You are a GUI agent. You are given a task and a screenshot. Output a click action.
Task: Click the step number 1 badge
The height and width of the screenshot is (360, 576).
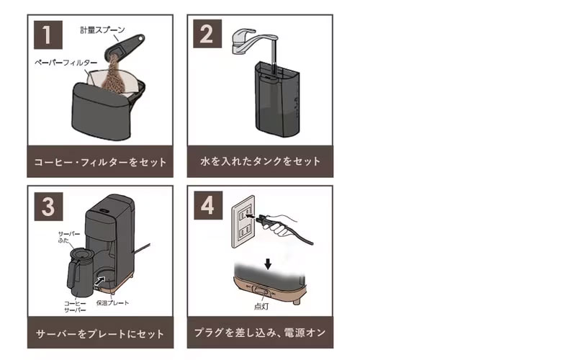[48, 35]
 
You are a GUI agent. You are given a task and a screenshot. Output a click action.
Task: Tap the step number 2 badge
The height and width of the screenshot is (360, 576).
[207, 34]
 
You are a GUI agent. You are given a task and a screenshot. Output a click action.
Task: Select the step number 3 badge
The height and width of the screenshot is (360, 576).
[48, 207]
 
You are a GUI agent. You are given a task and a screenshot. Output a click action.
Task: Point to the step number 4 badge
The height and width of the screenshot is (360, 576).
[208, 205]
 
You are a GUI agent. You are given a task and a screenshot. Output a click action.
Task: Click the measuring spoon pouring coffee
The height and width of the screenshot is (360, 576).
[125, 47]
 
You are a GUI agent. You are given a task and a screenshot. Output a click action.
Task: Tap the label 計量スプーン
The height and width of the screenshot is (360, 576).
[103, 30]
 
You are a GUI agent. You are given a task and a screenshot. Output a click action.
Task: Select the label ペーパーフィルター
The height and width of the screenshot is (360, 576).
[66, 63]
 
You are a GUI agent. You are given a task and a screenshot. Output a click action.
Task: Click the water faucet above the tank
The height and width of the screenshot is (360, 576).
[253, 41]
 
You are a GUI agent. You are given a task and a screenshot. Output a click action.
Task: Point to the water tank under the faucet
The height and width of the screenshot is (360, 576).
[277, 99]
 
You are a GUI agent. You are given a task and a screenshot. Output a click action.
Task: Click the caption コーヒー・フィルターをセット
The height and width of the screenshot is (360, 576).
[100, 162]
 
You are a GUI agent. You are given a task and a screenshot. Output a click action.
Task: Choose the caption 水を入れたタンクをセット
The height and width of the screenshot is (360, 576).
[261, 161]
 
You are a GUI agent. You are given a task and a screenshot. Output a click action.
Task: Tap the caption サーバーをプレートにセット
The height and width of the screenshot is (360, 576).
[100, 334]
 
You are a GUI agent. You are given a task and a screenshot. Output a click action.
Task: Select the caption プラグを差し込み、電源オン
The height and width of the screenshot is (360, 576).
[260, 333]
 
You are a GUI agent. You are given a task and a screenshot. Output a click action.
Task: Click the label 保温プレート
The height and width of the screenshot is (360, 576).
[112, 303]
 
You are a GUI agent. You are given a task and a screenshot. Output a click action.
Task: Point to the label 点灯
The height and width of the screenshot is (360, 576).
[261, 307]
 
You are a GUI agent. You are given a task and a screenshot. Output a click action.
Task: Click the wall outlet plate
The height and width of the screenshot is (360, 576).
[243, 222]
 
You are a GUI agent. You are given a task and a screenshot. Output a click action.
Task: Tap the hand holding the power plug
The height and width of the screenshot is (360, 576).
[281, 224]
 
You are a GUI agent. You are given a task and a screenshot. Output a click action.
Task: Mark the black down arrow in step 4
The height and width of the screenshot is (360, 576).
[268, 264]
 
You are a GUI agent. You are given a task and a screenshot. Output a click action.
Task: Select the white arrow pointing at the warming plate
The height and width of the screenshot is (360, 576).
[99, 282]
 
